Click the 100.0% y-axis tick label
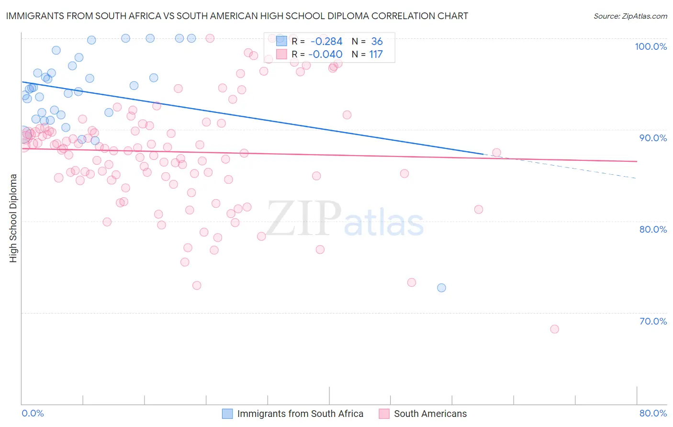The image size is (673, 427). click(651, 46)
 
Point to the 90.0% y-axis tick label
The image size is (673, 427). click(653, 138)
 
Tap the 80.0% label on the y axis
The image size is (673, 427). click(653, 229)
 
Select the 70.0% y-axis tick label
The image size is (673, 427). click(653, 321)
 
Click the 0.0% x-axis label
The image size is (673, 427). click(33, 413)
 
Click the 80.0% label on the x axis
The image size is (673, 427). click(653, 413)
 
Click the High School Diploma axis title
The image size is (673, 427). click(13, 218)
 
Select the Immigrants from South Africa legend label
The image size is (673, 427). click(300, 414)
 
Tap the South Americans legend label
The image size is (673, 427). click(430, 414)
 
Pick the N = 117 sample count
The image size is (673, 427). click(367, 55)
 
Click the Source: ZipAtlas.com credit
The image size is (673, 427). click(630, 16)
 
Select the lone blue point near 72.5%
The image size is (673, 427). click(441, 288)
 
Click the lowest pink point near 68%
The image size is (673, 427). click(554, 329)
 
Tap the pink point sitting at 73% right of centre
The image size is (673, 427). click(411, 282)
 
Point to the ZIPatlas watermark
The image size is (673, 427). click(345, 219)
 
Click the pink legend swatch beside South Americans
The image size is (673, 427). click(384, 414)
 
